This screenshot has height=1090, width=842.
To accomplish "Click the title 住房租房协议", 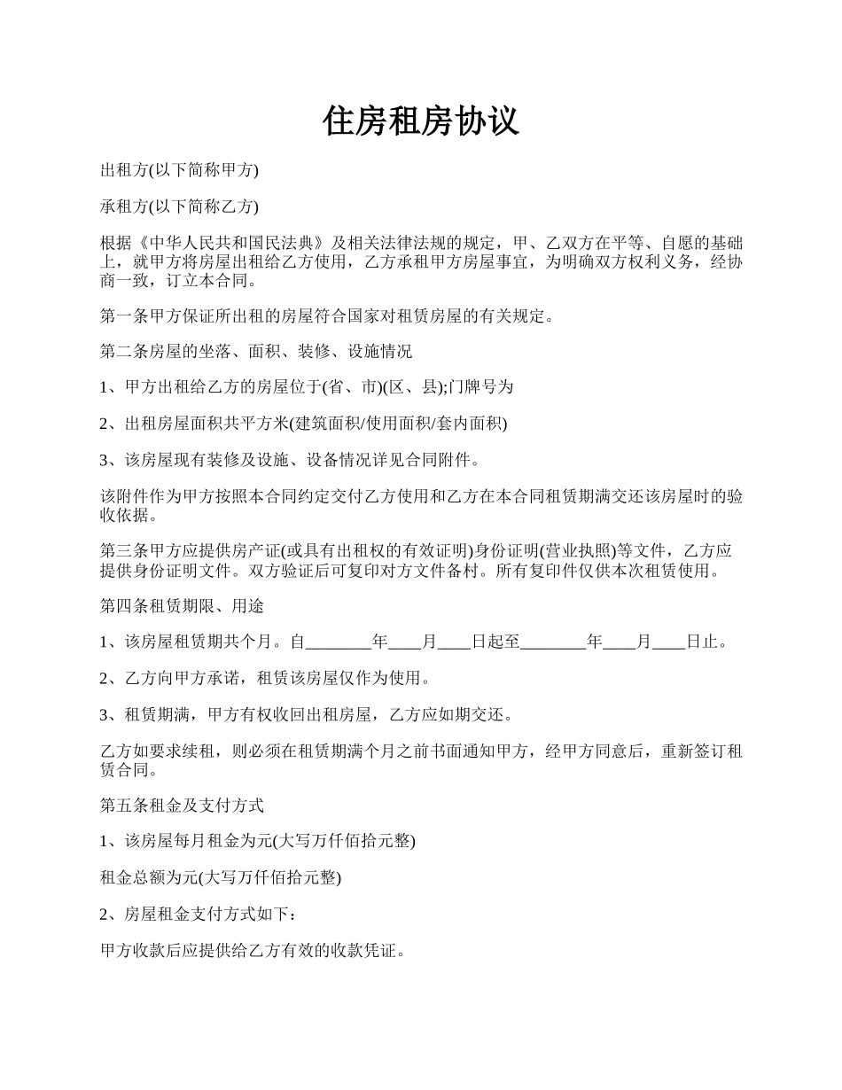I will click(x=421, y=122).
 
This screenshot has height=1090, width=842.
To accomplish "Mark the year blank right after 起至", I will click(x=553, y=642).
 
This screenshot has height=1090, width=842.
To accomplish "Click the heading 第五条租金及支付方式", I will click(x=182, y=806).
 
